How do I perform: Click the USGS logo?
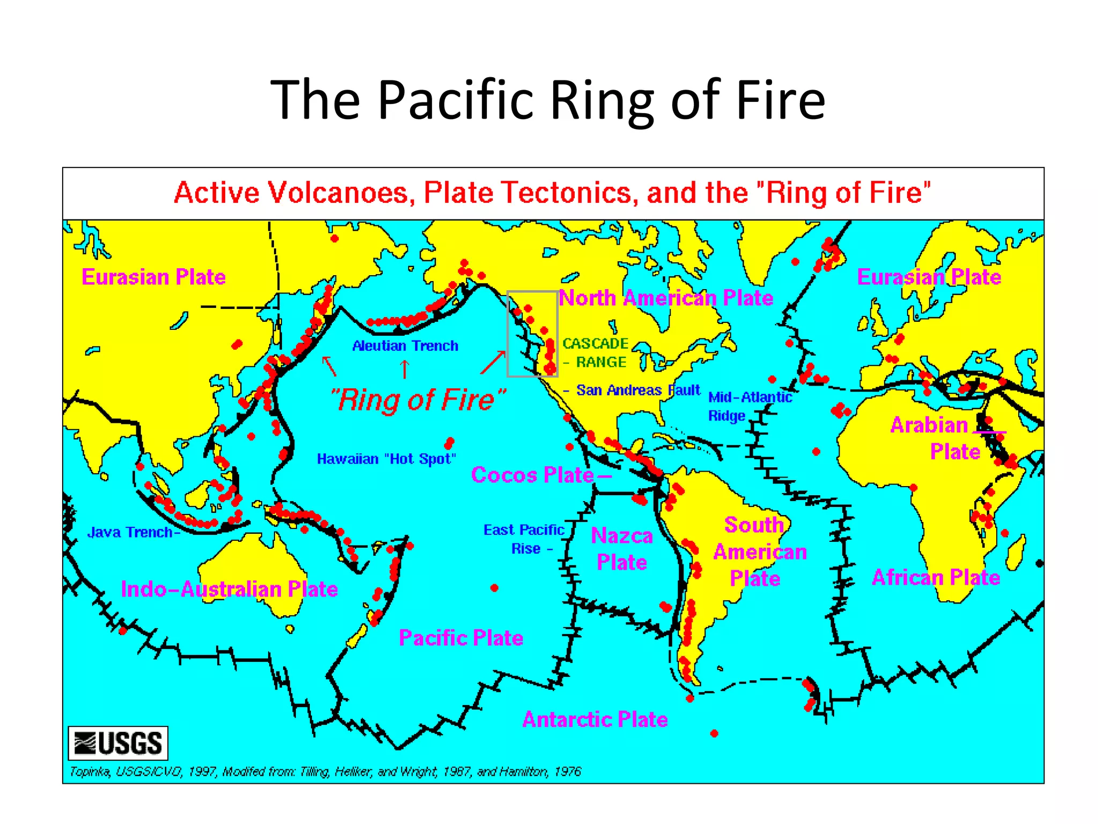pyautogui.click(x=118, y=743)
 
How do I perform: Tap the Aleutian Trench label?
pyautogui.click(x=405, y=346)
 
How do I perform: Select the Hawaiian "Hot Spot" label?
pyautogui.click(x=386, y=459)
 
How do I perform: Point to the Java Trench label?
pyautogui.click(x=131, y=532)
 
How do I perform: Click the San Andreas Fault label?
pyautogui.click(x=638, y=390)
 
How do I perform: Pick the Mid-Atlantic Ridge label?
pyautogui.click(x=750, y=406)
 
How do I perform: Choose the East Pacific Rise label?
pyautogui.click(x=524, y=539)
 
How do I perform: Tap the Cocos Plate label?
pyautogui.click(x=532, y=475)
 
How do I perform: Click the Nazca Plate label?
pyautogui.click(x=622, y=549)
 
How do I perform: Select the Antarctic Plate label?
pyautogui.click(x=595, y=719)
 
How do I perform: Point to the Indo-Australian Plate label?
pyautogui.click(x=229, y=589)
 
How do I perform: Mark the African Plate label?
pyautogui.click(x=936, y=577)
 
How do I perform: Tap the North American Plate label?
pyautogui.click(x=666, y=298)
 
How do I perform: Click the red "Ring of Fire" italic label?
pyautogui.click(x=418, y=400)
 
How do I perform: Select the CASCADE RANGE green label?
pyautogui.click(x=595, y=352)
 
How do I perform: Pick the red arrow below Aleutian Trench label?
pyautogui.click(x=405, y=369)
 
